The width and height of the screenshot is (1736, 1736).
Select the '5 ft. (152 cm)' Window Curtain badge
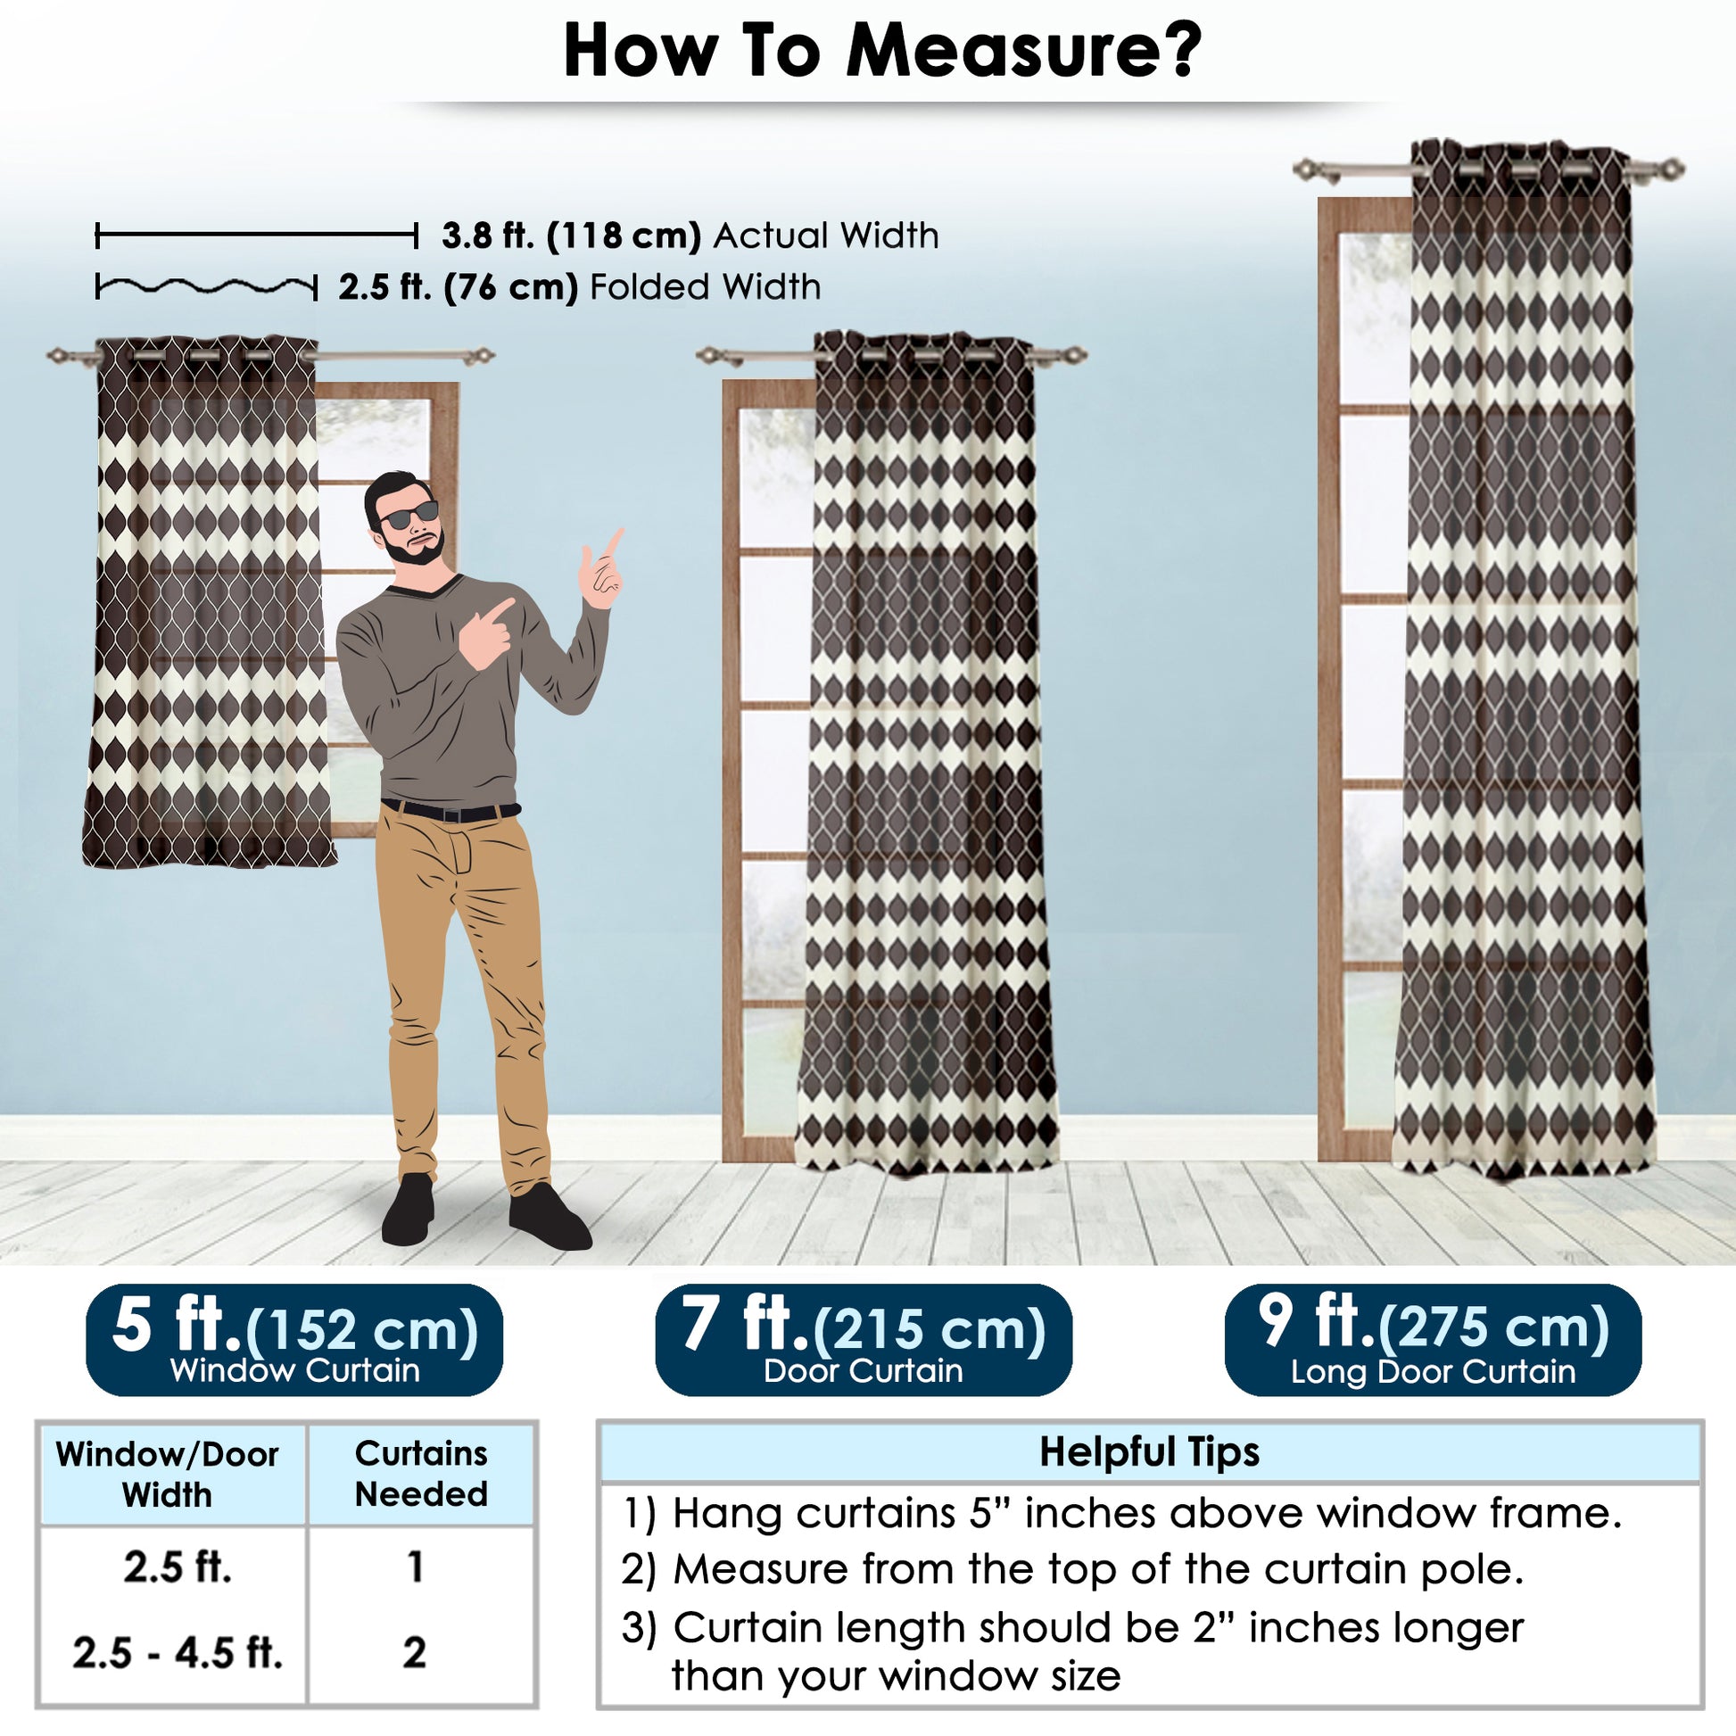pyautogui.click(x=293, y=1339)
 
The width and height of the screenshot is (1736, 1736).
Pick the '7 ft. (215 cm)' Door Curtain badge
pyautogui.click(x=864, y=1339)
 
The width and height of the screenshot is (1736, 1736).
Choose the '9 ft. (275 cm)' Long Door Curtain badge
pyautogui.click(x=1434, y=1339)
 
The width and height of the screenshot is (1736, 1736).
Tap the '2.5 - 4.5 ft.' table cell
pyautogui.click(x=177, y=1651)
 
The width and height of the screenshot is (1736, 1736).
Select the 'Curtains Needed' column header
pyautogui.click(x=420, y=1474)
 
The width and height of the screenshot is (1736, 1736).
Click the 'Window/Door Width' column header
pyautogui.click(x=167, y=1475)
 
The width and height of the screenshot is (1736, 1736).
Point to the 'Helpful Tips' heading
pyautogui.click(x=1149, y=1451)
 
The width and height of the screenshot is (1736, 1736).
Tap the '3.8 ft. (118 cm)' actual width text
pyautogui.click(x=571, y=236)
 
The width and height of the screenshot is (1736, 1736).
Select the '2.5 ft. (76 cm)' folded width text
pyautogui.click(x=458, y=287)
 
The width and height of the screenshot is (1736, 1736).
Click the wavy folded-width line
pyautogui.click(x=207, y=286)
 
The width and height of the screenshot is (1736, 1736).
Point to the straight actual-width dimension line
pyautogui.click(x=257, y=236)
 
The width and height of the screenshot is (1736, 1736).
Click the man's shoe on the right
pyautogui.click(x=549, y=1218)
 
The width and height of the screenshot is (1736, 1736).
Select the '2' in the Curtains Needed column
pyautogui.click(x=414, y=1652)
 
